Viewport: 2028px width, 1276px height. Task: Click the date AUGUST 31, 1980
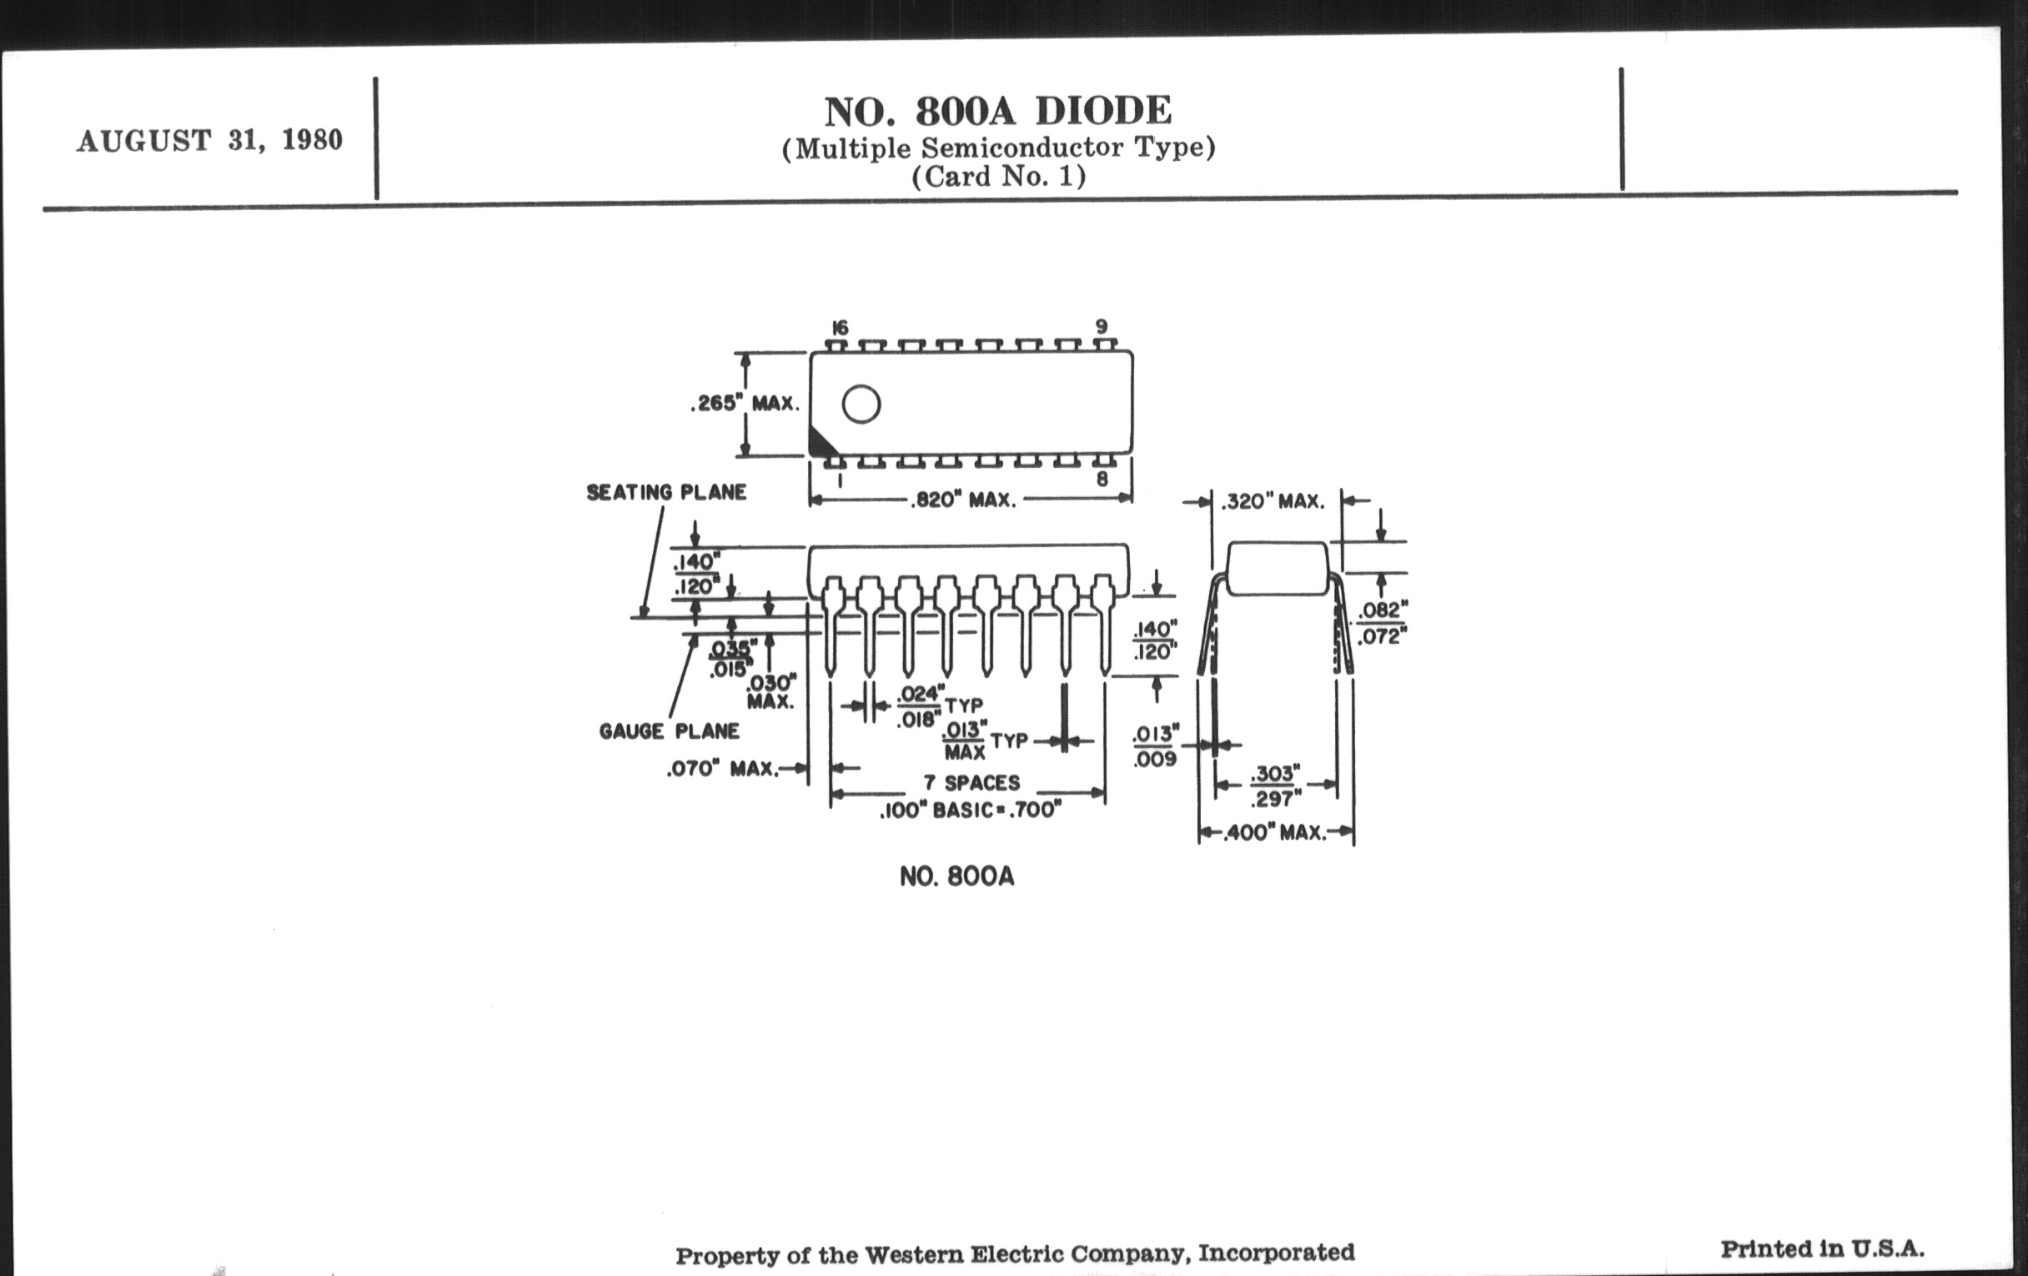(x=209, y=140)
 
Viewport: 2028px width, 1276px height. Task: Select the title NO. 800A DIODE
(x=998, y=111)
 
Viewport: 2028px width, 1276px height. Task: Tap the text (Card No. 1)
(x=999, y=177)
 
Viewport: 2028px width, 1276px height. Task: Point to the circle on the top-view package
(x=861, y=404)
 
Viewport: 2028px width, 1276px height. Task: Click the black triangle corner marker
(x=820, y=442)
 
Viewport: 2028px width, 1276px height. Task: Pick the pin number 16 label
(x=839, y=328)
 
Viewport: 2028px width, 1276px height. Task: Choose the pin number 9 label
(x=1102, y=326)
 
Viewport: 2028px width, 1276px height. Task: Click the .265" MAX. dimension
(x=745, y=404)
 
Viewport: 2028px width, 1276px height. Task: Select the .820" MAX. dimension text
(x=963, y=500)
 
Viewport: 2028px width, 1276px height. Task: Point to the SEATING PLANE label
(x=666, y=493)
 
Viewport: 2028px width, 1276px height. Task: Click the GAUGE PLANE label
(x=670, y=731)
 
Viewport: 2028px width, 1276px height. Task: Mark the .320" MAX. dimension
(x=1273, y=503)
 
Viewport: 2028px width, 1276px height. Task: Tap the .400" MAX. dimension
(x=1277, y=833)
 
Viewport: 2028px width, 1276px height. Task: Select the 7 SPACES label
(x=971, y=783)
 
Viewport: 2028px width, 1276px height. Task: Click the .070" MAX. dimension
(x=723, y=769)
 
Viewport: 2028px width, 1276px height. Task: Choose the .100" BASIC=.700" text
(x=970, y=811)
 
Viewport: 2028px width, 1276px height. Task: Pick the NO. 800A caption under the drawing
(x=956, y=877)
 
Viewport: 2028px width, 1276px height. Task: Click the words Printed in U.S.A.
(x=1823, y=1248)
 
